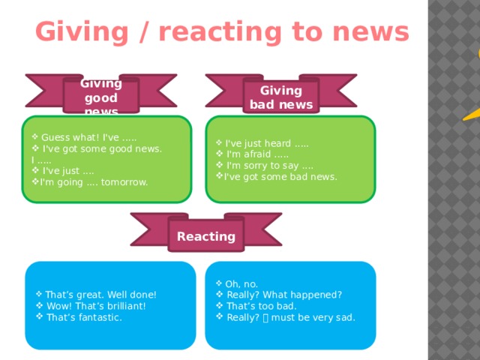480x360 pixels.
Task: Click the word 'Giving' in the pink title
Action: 82,32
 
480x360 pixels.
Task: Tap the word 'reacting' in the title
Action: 220,31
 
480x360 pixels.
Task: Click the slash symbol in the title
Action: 143,31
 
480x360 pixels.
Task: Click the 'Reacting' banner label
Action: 206,236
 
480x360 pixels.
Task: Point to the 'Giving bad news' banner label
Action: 281,97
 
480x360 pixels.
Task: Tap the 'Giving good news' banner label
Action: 101,97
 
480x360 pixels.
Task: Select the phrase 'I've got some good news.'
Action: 102,148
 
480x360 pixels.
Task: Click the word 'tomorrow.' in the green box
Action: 124,182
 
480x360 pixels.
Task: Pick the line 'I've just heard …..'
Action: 267,143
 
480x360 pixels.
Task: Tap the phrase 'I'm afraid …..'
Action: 257,154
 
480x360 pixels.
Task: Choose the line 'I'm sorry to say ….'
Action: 270,166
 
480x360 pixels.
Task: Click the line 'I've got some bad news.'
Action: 280,177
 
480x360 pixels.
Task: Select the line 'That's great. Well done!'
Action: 100,295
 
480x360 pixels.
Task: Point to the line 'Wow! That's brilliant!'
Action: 96,306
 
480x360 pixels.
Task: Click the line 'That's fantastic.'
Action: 84,317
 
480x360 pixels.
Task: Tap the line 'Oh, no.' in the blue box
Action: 241,284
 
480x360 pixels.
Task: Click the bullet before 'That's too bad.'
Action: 220,305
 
